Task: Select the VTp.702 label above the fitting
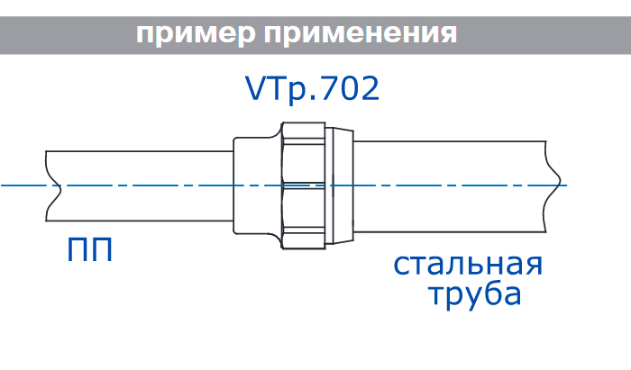click(312, 88)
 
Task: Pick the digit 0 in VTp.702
click(346, 88)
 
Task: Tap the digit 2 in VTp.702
click(368, 88)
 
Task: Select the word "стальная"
click(468, 266)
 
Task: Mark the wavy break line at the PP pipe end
click(50, 185)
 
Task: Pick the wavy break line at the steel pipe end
click(552, 185)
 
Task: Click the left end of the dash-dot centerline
click(4, 185)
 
